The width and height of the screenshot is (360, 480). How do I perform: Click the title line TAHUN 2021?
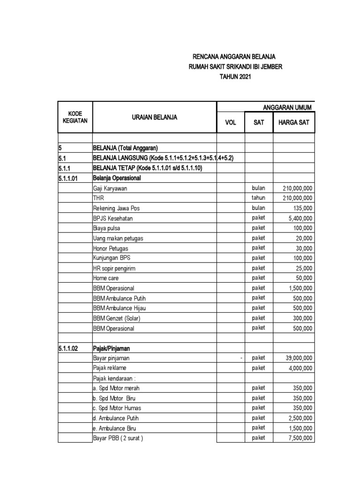pyautogui.click(x=235, y=76)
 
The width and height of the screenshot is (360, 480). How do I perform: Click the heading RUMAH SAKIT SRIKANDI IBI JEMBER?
pyautogui.click(x=235, y=67)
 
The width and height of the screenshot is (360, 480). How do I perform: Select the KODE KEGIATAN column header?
pyautogui.click(x=75, y=117)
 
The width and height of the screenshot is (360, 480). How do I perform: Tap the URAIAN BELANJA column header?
pyautogui.click(x=154, y=118)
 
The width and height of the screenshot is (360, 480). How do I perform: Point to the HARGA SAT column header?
pyautogui.click(x=293, y=123)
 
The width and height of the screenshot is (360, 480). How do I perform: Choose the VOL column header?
pyautogui.click(x=231, y=123)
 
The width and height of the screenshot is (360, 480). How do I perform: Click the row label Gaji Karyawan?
pyautogui.click(x=110, y=188)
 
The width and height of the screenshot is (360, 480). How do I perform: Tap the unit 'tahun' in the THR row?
pyautogui.click(x=258, y=198)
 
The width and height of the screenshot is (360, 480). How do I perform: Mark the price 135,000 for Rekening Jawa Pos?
pyautogui.click(x=302, y=208)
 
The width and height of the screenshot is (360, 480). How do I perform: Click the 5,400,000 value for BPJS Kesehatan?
pyautogui.click(x=299, y=218)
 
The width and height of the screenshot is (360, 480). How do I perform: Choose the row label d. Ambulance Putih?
pyautogui.click(x=116, y=418)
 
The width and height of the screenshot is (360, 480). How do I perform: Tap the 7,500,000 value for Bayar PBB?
pyautogui.click(x=299, y=438)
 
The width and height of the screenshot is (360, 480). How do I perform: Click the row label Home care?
pyautogui.click(x=106, y=278)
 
